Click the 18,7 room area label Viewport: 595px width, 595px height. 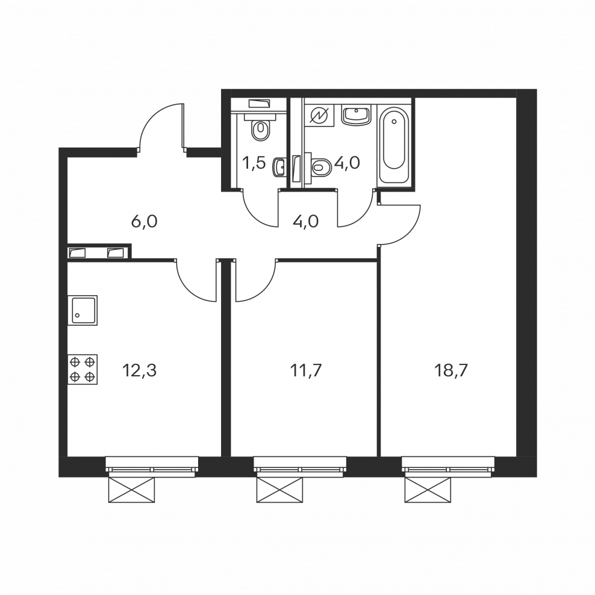coord(451,370)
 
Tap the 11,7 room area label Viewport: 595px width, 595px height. coord(305,370)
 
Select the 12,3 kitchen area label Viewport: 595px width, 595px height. coord(139,370)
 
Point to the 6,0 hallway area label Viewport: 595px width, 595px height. coord(144,222)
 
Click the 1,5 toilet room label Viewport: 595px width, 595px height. coord(254,164)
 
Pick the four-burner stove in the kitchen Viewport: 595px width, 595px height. coord(83,369)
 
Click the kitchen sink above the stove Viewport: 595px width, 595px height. coord(83,310)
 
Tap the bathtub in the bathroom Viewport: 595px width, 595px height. coord(394,145)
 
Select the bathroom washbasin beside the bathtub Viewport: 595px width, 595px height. coord(356,114)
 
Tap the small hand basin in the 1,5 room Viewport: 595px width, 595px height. coord(279,167)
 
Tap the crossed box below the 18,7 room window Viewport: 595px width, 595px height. coord(428,490)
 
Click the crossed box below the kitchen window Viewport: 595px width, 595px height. coord(131,490)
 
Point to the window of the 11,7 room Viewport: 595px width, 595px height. coord(300,467)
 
